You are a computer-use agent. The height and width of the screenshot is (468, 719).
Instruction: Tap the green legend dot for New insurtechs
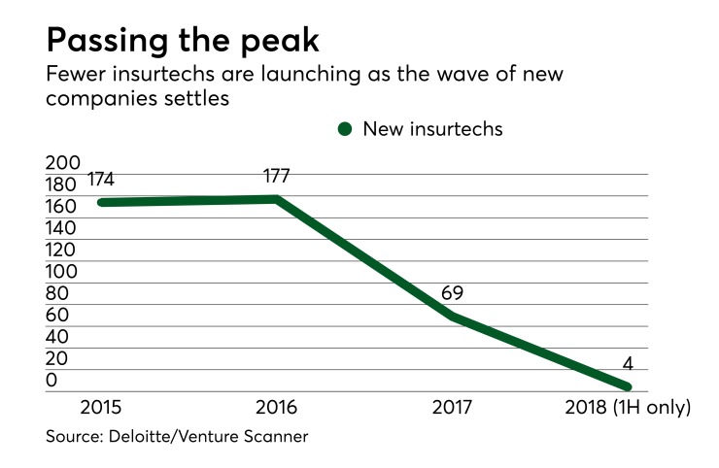point(344,128)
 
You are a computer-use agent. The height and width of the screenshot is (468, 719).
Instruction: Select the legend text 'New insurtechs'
point(432,128)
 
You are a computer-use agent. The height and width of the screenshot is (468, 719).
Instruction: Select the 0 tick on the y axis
point(51,380)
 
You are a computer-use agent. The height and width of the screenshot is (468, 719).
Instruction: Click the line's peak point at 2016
point(278,199)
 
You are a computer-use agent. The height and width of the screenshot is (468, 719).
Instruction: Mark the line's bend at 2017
point(452,316)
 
